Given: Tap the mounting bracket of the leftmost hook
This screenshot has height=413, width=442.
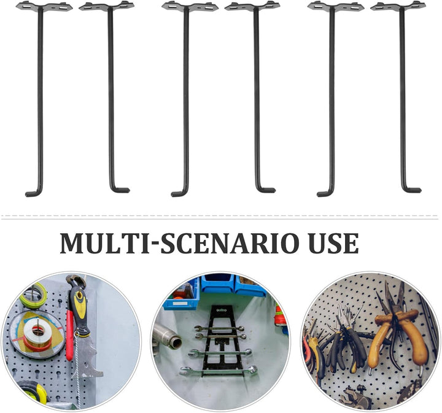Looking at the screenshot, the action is click(x=44, y=6).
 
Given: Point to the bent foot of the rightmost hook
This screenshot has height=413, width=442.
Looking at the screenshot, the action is click(x=411, y=190).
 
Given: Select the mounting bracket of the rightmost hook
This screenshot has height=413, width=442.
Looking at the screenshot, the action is click(x=398, y=6).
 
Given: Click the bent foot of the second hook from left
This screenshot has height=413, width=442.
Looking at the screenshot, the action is click(x=120, y=190).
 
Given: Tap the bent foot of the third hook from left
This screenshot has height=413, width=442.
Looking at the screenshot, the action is click(x=180, y=193).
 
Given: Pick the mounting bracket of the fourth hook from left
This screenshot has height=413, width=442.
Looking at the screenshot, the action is click(x=252, y=6).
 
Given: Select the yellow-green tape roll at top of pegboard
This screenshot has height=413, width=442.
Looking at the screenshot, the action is click(x=33, y=295).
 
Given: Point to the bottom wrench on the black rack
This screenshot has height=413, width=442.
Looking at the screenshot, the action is click(x=219, y=371).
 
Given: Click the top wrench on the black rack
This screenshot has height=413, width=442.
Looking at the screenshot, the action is click(x=219, y=328).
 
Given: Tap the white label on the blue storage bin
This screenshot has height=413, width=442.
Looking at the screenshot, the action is click(x=180, y=304).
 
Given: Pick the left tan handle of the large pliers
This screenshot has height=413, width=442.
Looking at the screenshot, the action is click(x=379, y=344).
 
